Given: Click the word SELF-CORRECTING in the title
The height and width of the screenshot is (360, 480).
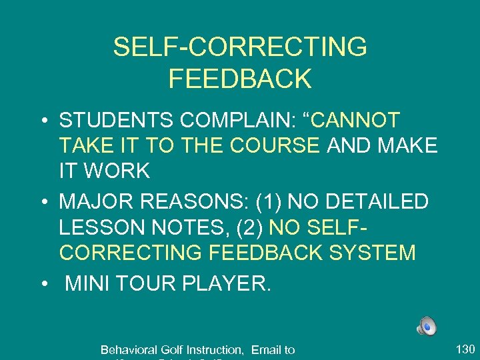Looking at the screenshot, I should click(x=240, y=47).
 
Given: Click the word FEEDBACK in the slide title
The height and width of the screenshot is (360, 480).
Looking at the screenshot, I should click(x=240, y=79).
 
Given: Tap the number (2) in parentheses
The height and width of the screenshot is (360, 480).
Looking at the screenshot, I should click(x=251, y=227).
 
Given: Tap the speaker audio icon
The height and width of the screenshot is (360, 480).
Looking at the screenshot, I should click(x=427, y=326).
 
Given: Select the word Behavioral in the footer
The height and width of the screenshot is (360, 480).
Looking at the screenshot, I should click(x=127, y=349).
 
